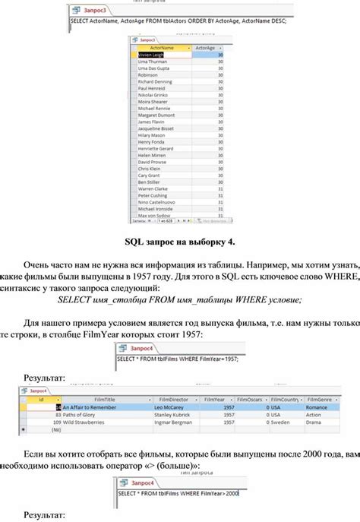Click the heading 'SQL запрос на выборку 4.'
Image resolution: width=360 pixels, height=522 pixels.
180,242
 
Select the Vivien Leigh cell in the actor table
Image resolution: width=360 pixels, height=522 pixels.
153,55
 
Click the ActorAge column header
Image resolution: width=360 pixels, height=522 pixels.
204,48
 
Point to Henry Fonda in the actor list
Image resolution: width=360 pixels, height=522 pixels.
151,141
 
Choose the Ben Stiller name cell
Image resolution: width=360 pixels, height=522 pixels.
150,182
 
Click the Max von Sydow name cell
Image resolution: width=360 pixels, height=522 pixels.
153,215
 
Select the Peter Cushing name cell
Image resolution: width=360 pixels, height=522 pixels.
152,195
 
